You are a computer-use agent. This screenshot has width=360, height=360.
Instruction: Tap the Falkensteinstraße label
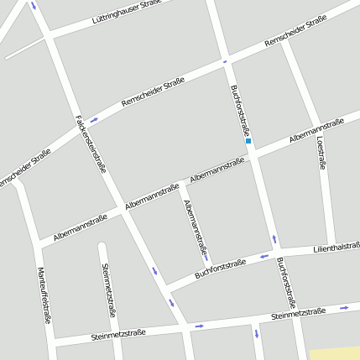[90, 143]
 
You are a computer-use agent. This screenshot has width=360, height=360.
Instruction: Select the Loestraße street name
[321, 154]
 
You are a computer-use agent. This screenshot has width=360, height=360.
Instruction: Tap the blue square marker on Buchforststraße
[248, 141]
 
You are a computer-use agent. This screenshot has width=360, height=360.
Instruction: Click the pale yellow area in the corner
[336, 353]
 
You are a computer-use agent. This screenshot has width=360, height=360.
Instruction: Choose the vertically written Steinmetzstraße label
[108, 290]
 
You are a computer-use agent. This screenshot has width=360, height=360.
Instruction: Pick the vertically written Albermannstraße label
[195, 227]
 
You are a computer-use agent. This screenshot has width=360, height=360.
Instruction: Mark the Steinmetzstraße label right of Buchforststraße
[298, 315]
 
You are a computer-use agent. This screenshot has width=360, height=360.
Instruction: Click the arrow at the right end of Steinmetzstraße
[344, 308]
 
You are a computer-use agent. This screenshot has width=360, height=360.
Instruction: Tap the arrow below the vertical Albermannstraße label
[205, 257]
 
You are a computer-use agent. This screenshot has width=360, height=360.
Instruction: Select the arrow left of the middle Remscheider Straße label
[94, 121]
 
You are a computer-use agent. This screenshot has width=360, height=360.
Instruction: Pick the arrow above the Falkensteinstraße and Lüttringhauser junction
[34, 6]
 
